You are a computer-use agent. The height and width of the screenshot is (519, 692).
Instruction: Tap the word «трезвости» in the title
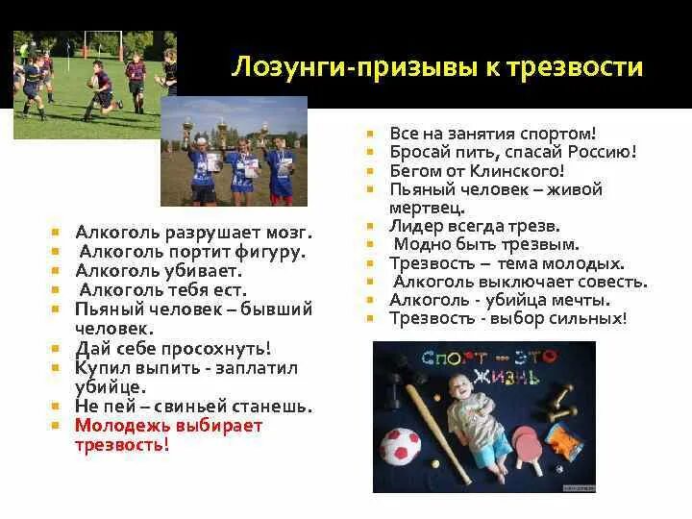(x=581, y=67)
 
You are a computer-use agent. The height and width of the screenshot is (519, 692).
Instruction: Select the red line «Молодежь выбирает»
(x=168, y=426)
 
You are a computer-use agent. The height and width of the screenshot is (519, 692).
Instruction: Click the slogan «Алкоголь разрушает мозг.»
(x=195, y=232)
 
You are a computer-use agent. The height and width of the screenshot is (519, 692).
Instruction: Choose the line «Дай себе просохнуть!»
(x=173, y=348)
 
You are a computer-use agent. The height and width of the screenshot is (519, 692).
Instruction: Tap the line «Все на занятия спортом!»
(x=493, y=133)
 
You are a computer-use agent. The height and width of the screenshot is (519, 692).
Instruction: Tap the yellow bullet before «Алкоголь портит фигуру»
(x=59, y=251)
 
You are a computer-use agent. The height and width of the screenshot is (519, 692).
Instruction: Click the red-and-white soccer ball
(x=403, y=447)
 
